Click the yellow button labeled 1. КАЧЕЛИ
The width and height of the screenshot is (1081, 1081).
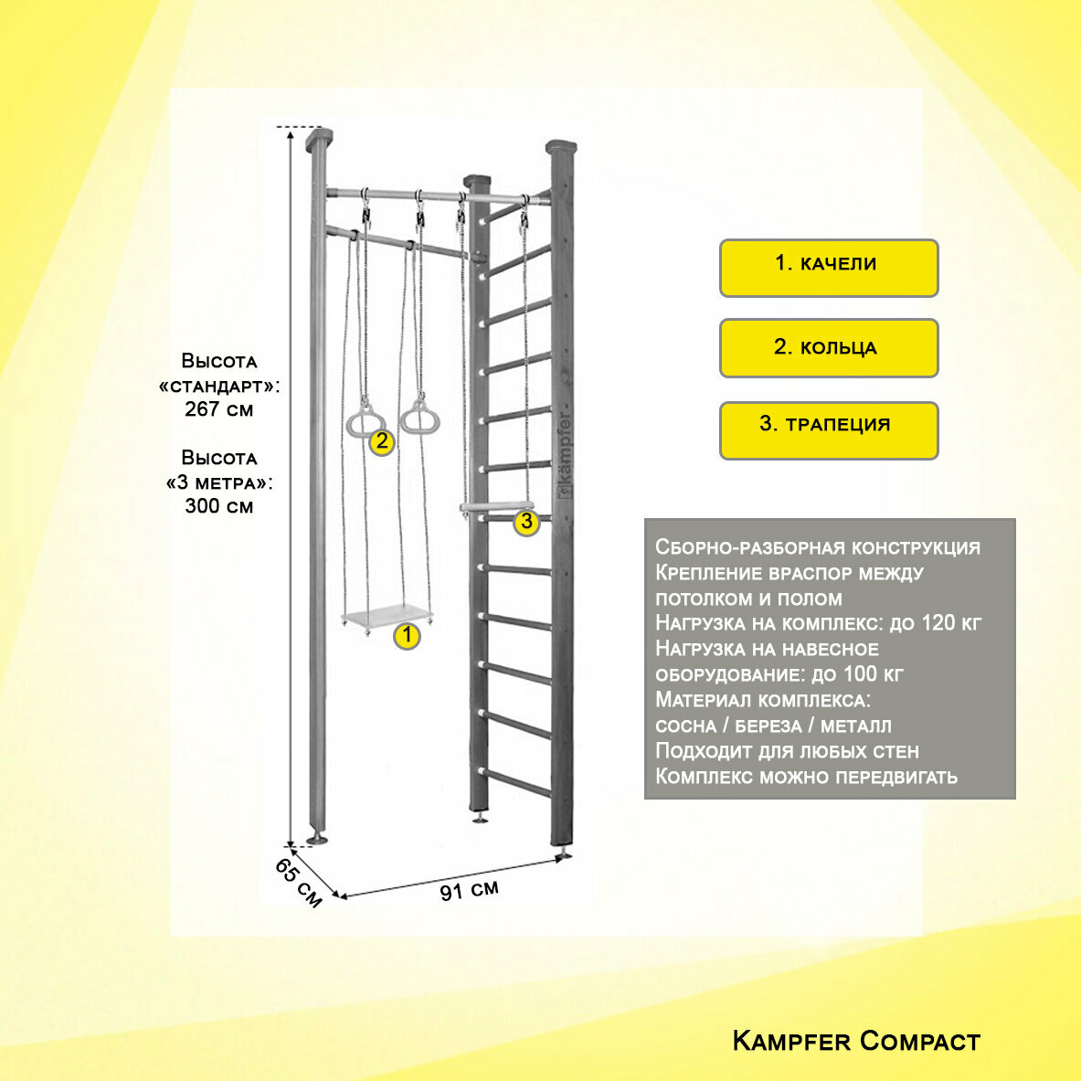pos(828,268)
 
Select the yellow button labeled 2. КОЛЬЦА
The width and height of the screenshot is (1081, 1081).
pos(828,348)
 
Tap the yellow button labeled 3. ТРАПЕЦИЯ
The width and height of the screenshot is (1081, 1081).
pos(828,429)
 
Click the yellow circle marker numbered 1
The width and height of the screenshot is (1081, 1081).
pos(407,636)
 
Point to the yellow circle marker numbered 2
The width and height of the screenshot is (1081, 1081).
pos(382,442)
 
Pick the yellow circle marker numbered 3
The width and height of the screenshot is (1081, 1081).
pos(525,522)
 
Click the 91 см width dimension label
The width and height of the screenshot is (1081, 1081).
pos(470,890)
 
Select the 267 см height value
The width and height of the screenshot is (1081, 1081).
pos(219,409)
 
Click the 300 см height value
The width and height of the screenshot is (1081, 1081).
pos(219,506)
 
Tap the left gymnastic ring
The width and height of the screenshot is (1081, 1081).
pos(365,419)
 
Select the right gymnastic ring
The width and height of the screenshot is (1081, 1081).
pos(419,418)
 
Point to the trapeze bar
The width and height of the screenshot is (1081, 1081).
pos(496,505)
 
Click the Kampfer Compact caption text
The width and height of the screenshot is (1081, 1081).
pos(856,1041)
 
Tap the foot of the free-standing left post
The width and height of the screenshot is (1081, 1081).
pos(318,837)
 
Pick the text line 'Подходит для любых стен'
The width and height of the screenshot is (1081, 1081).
pos(787,751)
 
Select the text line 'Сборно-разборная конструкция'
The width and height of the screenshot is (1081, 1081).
pos(817,547)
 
